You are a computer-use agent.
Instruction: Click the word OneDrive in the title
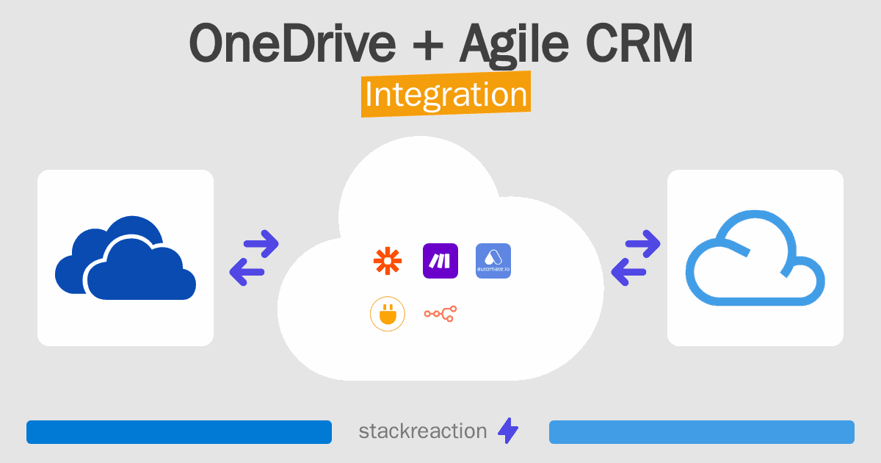coord(292,43)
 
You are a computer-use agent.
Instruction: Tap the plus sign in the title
coord(428,46)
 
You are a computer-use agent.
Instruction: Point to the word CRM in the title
coord(639,43)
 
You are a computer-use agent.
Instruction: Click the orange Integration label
coord(446,94)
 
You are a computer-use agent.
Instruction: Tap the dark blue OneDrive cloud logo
coord(126,258)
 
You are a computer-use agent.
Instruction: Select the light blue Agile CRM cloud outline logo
coord(755,258)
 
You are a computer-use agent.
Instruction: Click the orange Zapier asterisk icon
coord(388,261)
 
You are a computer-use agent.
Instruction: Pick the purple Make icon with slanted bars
coord(440,261)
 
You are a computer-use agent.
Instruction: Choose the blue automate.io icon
coord(493,261)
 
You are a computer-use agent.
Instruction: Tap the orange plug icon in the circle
coord(388,314)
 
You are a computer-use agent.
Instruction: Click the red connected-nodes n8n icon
coord(440,314)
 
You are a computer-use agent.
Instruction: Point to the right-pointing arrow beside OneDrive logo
coord(261,244)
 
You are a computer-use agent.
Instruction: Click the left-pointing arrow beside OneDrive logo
coord(247,272)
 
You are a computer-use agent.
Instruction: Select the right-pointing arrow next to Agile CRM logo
coord(642,244)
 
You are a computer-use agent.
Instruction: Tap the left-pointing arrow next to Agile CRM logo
coord(628,272)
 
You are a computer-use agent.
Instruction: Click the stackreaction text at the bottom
coord(423,431)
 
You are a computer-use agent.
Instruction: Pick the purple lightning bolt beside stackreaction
coord(508,431)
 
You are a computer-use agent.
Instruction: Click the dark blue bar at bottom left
coord(179,432)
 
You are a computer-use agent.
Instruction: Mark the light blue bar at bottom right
coord(702,432)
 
